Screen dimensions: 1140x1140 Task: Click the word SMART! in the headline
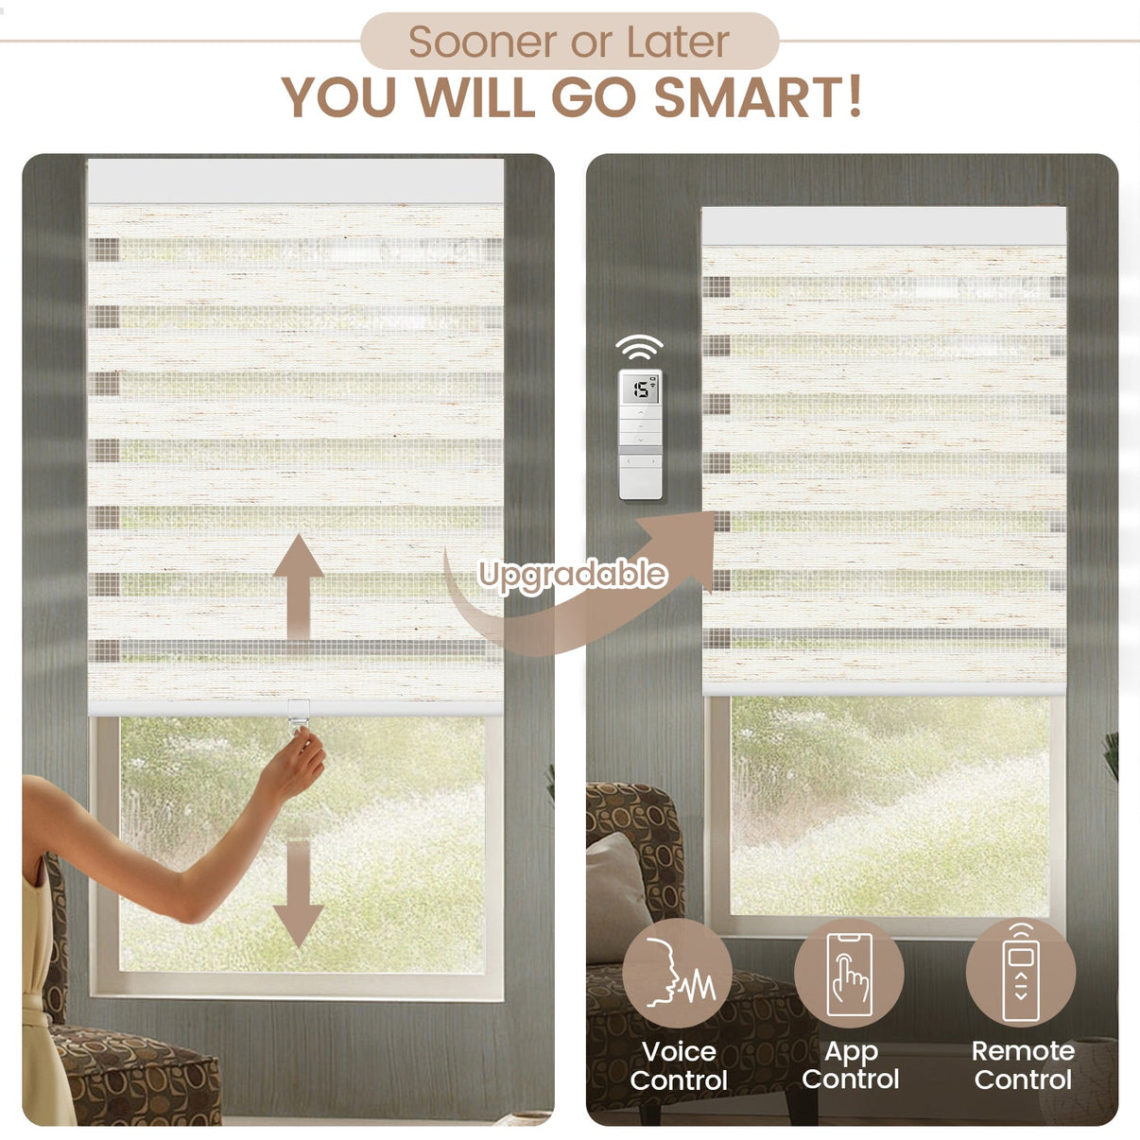758,96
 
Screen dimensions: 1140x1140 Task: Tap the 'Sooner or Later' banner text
568,42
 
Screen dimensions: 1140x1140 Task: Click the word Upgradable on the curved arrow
572,575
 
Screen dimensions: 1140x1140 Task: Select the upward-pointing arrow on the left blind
298,586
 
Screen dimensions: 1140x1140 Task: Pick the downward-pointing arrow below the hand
298,894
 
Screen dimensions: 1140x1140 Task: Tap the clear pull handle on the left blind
299,716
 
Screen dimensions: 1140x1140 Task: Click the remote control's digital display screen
640,389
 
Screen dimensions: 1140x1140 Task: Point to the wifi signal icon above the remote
639,347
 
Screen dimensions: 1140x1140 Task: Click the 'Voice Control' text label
679,1065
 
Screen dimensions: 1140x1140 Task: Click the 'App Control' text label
850,1065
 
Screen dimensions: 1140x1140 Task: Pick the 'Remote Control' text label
1023,1065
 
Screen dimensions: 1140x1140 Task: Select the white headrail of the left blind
296,181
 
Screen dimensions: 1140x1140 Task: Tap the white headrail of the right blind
884,225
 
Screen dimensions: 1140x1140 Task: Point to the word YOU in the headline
338,97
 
